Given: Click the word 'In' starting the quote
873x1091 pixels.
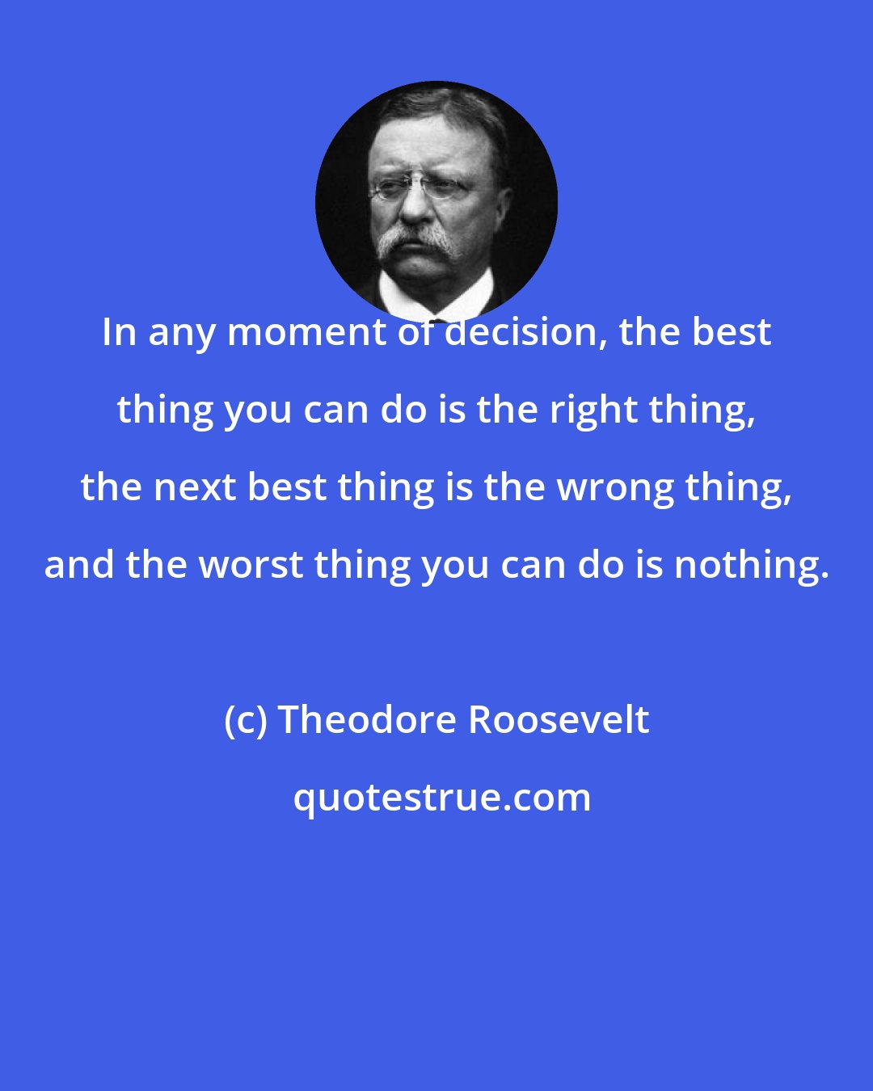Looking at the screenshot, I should coord(118,332).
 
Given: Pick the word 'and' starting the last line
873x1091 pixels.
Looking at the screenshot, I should coord(79,565).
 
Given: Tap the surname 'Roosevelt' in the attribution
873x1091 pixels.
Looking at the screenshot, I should coord(559,719).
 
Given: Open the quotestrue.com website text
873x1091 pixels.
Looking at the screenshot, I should coord(441,798).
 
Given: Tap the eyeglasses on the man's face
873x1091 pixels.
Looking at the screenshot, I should coord(420,189).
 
